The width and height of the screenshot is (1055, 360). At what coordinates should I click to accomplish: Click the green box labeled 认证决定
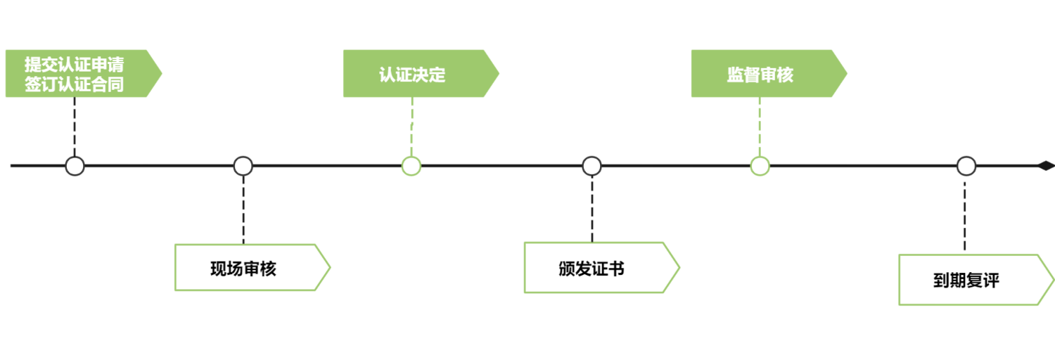[x=421, y=73]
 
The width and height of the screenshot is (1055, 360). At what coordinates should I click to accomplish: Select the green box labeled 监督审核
[x=769, y=73]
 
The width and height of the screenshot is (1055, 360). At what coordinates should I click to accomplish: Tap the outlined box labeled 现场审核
[x=252, y=267]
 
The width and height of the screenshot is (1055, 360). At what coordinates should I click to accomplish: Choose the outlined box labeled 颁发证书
[x=602, y=268]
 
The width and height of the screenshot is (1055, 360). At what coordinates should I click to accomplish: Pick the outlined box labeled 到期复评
[x=976, y=280]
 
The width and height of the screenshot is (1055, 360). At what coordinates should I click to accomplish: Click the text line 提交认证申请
[x=74, y=64]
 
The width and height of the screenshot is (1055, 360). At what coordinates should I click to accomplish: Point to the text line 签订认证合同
[x=74, y=84]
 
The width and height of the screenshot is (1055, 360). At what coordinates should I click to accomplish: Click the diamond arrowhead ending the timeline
[x=1046, y=166]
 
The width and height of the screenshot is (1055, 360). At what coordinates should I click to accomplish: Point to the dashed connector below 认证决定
[x=411, y=127]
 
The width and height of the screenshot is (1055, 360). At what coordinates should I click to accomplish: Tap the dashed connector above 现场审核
[x=243, y=210]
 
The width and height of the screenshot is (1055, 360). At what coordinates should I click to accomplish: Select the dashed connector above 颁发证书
[x=592, y=209]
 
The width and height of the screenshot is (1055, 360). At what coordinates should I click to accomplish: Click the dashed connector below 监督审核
[x=760, y=127]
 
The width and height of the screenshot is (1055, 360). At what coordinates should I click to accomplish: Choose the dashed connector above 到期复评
[x=964, y=216]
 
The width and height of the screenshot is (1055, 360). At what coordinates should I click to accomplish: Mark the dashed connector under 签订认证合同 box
[x=75, y=127]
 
